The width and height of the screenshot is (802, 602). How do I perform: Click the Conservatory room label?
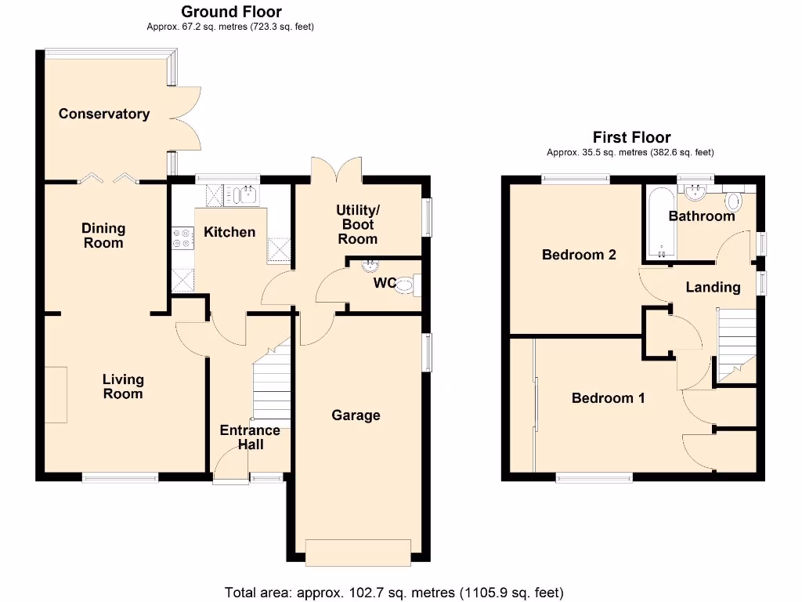coord(104,114)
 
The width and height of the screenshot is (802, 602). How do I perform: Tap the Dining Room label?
coord(103,235)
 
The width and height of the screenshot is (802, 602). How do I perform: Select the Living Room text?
coord(123,386)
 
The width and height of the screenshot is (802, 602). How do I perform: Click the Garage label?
coord(356,415)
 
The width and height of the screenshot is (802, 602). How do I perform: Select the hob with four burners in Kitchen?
coord(182,238)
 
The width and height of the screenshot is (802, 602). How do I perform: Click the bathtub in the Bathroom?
coord(660,223)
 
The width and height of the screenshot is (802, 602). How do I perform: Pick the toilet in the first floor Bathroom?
coord(734,201)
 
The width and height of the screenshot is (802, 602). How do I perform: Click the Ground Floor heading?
coord(231,12)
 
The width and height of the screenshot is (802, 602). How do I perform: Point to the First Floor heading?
coord(631,137)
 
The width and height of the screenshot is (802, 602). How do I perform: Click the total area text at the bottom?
coord(394,592)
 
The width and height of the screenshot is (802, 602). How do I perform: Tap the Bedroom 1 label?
coord(608,398)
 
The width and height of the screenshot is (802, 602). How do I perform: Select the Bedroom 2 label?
coord(579,255)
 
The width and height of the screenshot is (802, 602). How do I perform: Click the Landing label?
coord(713,287)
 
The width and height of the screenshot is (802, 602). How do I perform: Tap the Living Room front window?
coord(121,477)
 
